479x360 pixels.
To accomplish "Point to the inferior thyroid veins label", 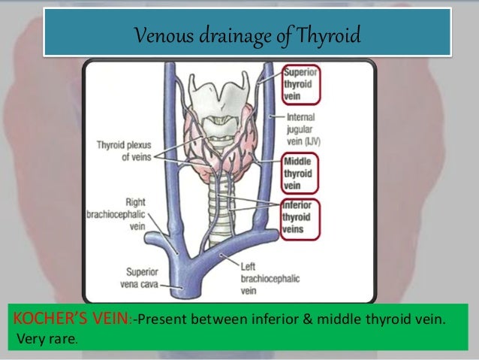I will [x=299, y=219].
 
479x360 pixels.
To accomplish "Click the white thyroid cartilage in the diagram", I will [x=218, y=95].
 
